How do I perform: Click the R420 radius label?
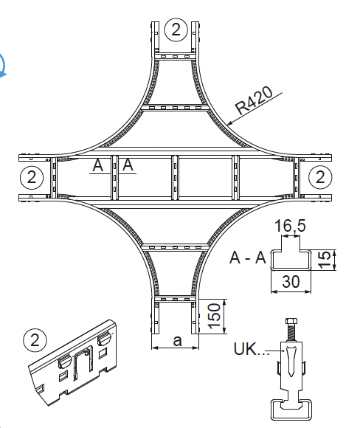click(x=254, y=100)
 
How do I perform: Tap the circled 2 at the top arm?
click(x=176, y=30)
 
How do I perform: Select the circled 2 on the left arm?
click(x=32, y=177)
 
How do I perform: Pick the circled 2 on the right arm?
click(x=320, y=177)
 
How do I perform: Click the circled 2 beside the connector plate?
click(x=35, y=340)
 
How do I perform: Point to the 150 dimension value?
click(x=214, y=315)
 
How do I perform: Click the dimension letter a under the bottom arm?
click(x=177, y=341)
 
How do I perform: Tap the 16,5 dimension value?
click(x=290, y=226)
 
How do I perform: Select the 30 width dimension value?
click(x=291, y=281)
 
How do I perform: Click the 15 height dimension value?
click(x=324, y=260)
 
